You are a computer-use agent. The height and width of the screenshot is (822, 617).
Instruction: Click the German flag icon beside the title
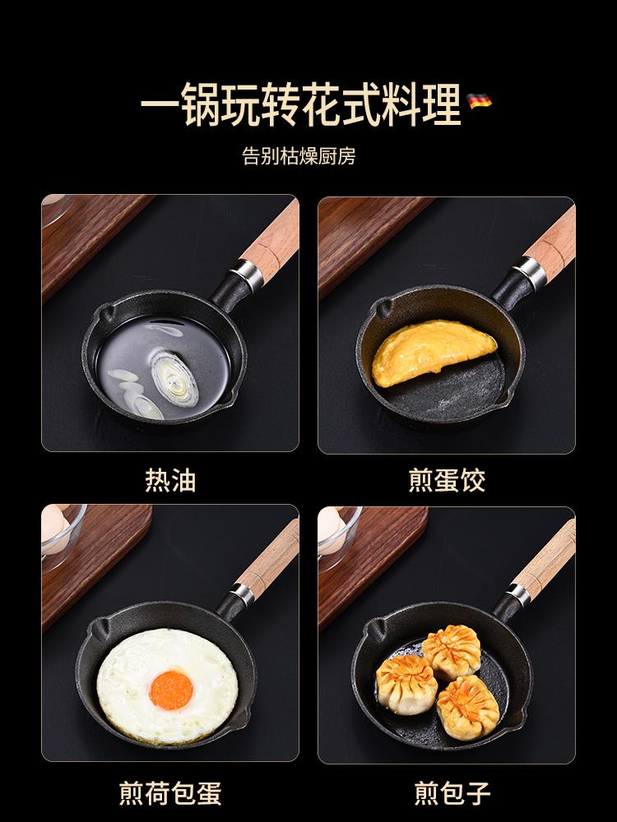point(479,100)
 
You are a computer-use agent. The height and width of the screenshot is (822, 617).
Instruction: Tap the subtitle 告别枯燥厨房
point(299,155)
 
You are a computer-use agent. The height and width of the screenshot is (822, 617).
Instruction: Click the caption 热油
point(170,480)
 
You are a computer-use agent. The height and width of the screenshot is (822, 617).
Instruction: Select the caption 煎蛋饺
point(447,480)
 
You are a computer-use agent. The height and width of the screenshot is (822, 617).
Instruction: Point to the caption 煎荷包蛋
point(170,793)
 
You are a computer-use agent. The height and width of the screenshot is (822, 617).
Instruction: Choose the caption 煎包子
point(452,793)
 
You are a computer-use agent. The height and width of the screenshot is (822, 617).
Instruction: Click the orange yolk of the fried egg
point(171,690)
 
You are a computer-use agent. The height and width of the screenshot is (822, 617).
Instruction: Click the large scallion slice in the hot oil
point(174,377)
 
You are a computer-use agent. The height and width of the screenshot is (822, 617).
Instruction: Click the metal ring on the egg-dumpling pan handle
point(529,273)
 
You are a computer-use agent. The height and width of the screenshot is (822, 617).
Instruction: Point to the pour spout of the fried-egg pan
point(101,626)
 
